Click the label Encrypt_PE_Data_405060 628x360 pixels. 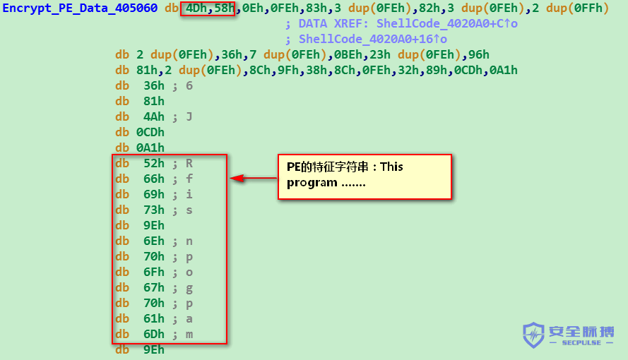click(x=80, y=8)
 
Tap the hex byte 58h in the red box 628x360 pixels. click(x=225, y=8)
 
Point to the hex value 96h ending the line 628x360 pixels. click(x=479, y=54)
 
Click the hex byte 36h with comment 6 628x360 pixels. click(x=154, y=85)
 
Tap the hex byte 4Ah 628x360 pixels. click(x=154, y=116)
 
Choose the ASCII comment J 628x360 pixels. click(x=189, y=116)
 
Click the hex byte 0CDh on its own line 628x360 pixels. click(x=150, y=133)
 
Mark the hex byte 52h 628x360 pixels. click(x=154, y=163)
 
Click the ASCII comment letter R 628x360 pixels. click(x=189, y=163)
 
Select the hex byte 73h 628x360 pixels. click(x=154, y=210)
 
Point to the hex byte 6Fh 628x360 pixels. click(x=154, y=272)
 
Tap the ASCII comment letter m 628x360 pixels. click(x=189, y=335)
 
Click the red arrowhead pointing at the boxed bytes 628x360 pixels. click(x=237, y=178)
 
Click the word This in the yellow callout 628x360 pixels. click(x=391, y=167)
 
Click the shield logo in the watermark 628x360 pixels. click(x=533, y=335)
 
